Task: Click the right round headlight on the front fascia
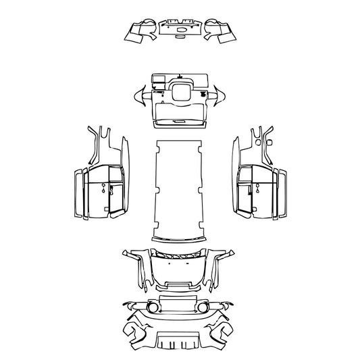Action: [206, 307]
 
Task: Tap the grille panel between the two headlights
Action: [179, 304]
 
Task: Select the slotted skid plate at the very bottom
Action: [179, 342]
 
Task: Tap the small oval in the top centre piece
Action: [181, 29]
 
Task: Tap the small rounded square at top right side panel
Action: [269, 143]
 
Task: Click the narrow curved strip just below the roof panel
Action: [179, 240]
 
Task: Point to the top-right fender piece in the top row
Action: [220, 31]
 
